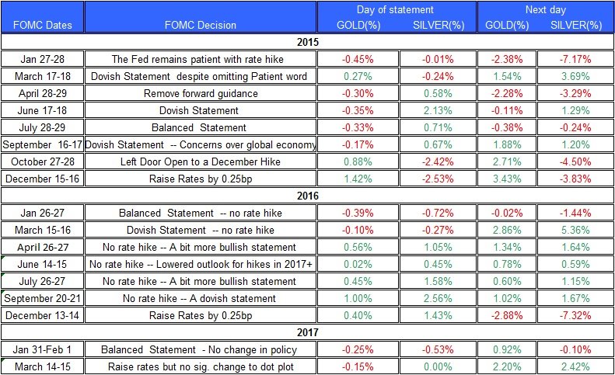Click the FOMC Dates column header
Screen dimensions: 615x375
42,25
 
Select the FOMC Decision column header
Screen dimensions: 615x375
201,25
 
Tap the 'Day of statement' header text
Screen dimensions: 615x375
395,10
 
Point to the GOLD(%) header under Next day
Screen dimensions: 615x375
507,25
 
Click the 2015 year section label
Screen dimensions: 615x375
308,42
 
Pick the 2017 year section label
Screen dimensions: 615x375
308,332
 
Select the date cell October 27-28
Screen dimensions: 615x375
42,161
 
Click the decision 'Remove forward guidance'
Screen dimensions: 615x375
201,93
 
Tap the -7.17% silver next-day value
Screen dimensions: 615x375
575,59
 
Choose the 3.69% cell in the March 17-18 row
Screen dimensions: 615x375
575,76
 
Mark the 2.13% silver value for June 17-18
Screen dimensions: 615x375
438,110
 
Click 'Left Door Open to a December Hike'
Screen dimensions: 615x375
201,161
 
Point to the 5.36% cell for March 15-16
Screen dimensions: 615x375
575,230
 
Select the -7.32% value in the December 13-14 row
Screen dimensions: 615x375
575,315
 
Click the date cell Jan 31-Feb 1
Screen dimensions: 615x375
42,349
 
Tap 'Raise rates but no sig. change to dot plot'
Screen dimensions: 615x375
201,366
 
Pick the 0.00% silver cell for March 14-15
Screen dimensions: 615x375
438,366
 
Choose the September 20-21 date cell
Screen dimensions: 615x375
42,298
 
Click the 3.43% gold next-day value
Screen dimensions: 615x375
507,179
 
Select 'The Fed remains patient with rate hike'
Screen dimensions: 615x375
197,59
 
